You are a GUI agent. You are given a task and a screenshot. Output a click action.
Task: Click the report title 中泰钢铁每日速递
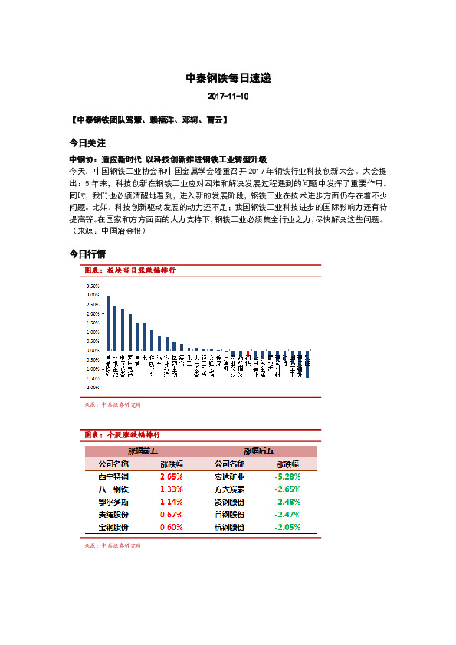[x=228, y=78]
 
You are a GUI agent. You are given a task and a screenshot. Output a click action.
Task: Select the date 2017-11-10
[x=228, y=97]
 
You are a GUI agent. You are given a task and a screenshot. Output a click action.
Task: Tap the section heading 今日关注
[x=87, y=143]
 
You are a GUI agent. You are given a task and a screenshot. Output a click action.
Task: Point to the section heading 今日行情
[x=87, y=254]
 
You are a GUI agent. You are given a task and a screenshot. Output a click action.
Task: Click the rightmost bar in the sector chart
[x=307, y=364]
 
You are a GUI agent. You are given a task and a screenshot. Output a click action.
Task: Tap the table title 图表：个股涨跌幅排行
[x=123, y=435]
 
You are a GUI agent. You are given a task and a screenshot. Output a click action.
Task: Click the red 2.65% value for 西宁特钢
[x=172, y=476]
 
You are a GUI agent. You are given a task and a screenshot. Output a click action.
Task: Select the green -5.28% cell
[x=288, y=476]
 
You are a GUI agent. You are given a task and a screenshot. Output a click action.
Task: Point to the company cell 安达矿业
[x=229, y=476]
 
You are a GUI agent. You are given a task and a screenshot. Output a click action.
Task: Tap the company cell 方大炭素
[x=229, y=489]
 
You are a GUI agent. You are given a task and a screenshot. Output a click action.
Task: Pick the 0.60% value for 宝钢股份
[x=172, y=528]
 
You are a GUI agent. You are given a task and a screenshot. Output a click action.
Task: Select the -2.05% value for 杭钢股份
[x=288, y=528]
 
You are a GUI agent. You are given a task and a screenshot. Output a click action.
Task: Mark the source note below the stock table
[x=113, y=546]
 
